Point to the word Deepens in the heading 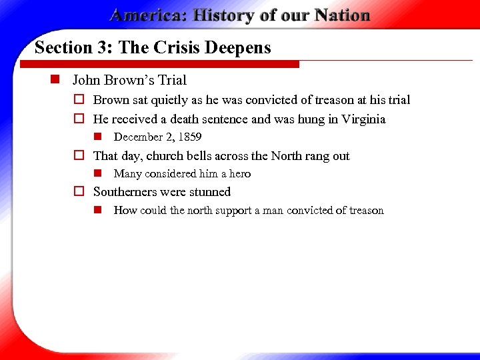243,48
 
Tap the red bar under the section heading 160,65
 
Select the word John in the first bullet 86,81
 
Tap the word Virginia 363,119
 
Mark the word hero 240,174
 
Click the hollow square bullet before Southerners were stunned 78,192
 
